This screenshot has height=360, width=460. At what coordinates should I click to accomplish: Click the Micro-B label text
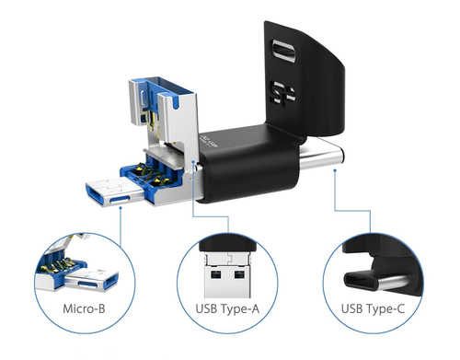(x=84, y=308)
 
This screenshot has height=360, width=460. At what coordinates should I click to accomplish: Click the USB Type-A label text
(x=227, y=309)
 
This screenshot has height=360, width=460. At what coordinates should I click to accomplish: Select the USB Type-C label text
(x=373, y=308)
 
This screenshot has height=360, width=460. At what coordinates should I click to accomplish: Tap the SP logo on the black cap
(x=282, y=93)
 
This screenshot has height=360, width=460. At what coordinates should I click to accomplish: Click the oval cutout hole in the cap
(x=283, y=52)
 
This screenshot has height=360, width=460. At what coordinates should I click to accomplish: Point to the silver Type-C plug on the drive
(x=321, y=155)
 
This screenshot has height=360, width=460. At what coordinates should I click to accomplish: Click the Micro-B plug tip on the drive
(x=115, y=193)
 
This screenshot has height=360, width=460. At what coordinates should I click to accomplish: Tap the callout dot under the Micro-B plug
(x=121, y=208)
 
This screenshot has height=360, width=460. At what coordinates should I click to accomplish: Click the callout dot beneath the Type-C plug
(x=335, y=170)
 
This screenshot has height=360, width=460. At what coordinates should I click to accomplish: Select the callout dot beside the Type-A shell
(x=192, y=161)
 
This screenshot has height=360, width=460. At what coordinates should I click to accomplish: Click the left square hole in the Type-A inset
(x=215, y=274)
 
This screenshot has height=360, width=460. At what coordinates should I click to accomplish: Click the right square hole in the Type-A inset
(x=239, y=274)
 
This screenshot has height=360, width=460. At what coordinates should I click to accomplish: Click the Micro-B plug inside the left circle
(x=91, y=280)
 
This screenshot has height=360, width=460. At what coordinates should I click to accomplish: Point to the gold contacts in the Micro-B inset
(x=62, y=264)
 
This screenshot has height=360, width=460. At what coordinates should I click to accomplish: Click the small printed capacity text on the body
(x=209, y=142)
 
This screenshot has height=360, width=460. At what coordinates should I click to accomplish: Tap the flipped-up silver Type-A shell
(x=164, y=117)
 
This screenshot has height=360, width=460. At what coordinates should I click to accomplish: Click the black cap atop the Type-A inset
(x=227, y=243)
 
